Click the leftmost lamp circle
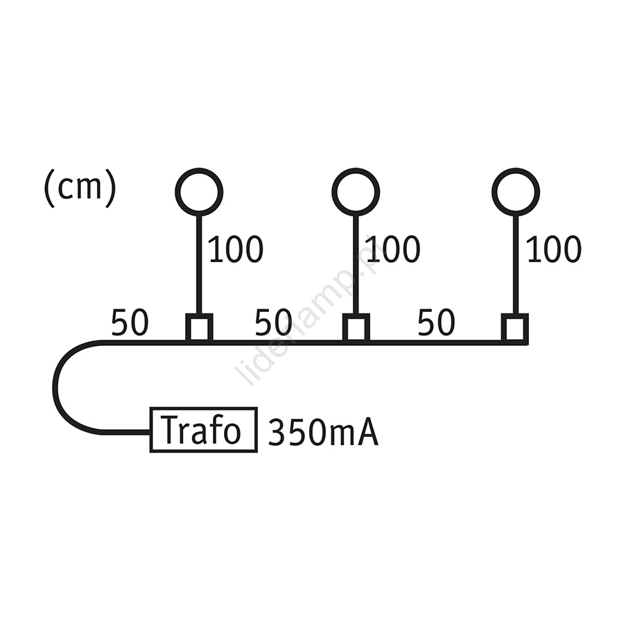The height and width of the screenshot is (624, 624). [x=199, y=170]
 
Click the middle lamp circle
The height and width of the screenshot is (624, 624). [x=356, y=170]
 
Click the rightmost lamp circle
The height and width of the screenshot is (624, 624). [x=516, y=170]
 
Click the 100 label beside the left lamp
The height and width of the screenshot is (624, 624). [x=236, y=249]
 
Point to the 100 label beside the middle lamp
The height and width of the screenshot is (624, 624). [x=393, y=249]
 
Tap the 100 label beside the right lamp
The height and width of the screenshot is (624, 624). [x=554, y=249]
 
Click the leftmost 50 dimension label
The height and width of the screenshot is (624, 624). [x=130, y=322]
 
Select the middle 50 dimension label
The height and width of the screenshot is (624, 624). [x=273, y=322]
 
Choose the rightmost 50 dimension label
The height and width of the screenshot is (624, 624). [x=436, y=322]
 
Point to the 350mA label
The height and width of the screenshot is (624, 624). [x=323, y=431]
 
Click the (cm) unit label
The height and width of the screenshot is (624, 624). [x=80, y=187]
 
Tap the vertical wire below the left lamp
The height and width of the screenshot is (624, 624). [x=200, y=265]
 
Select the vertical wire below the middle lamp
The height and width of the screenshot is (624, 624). [x=356, y=265]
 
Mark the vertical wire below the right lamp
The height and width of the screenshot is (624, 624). [x=516, y=265]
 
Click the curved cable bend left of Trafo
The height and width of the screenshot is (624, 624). [x=55, y=386]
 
